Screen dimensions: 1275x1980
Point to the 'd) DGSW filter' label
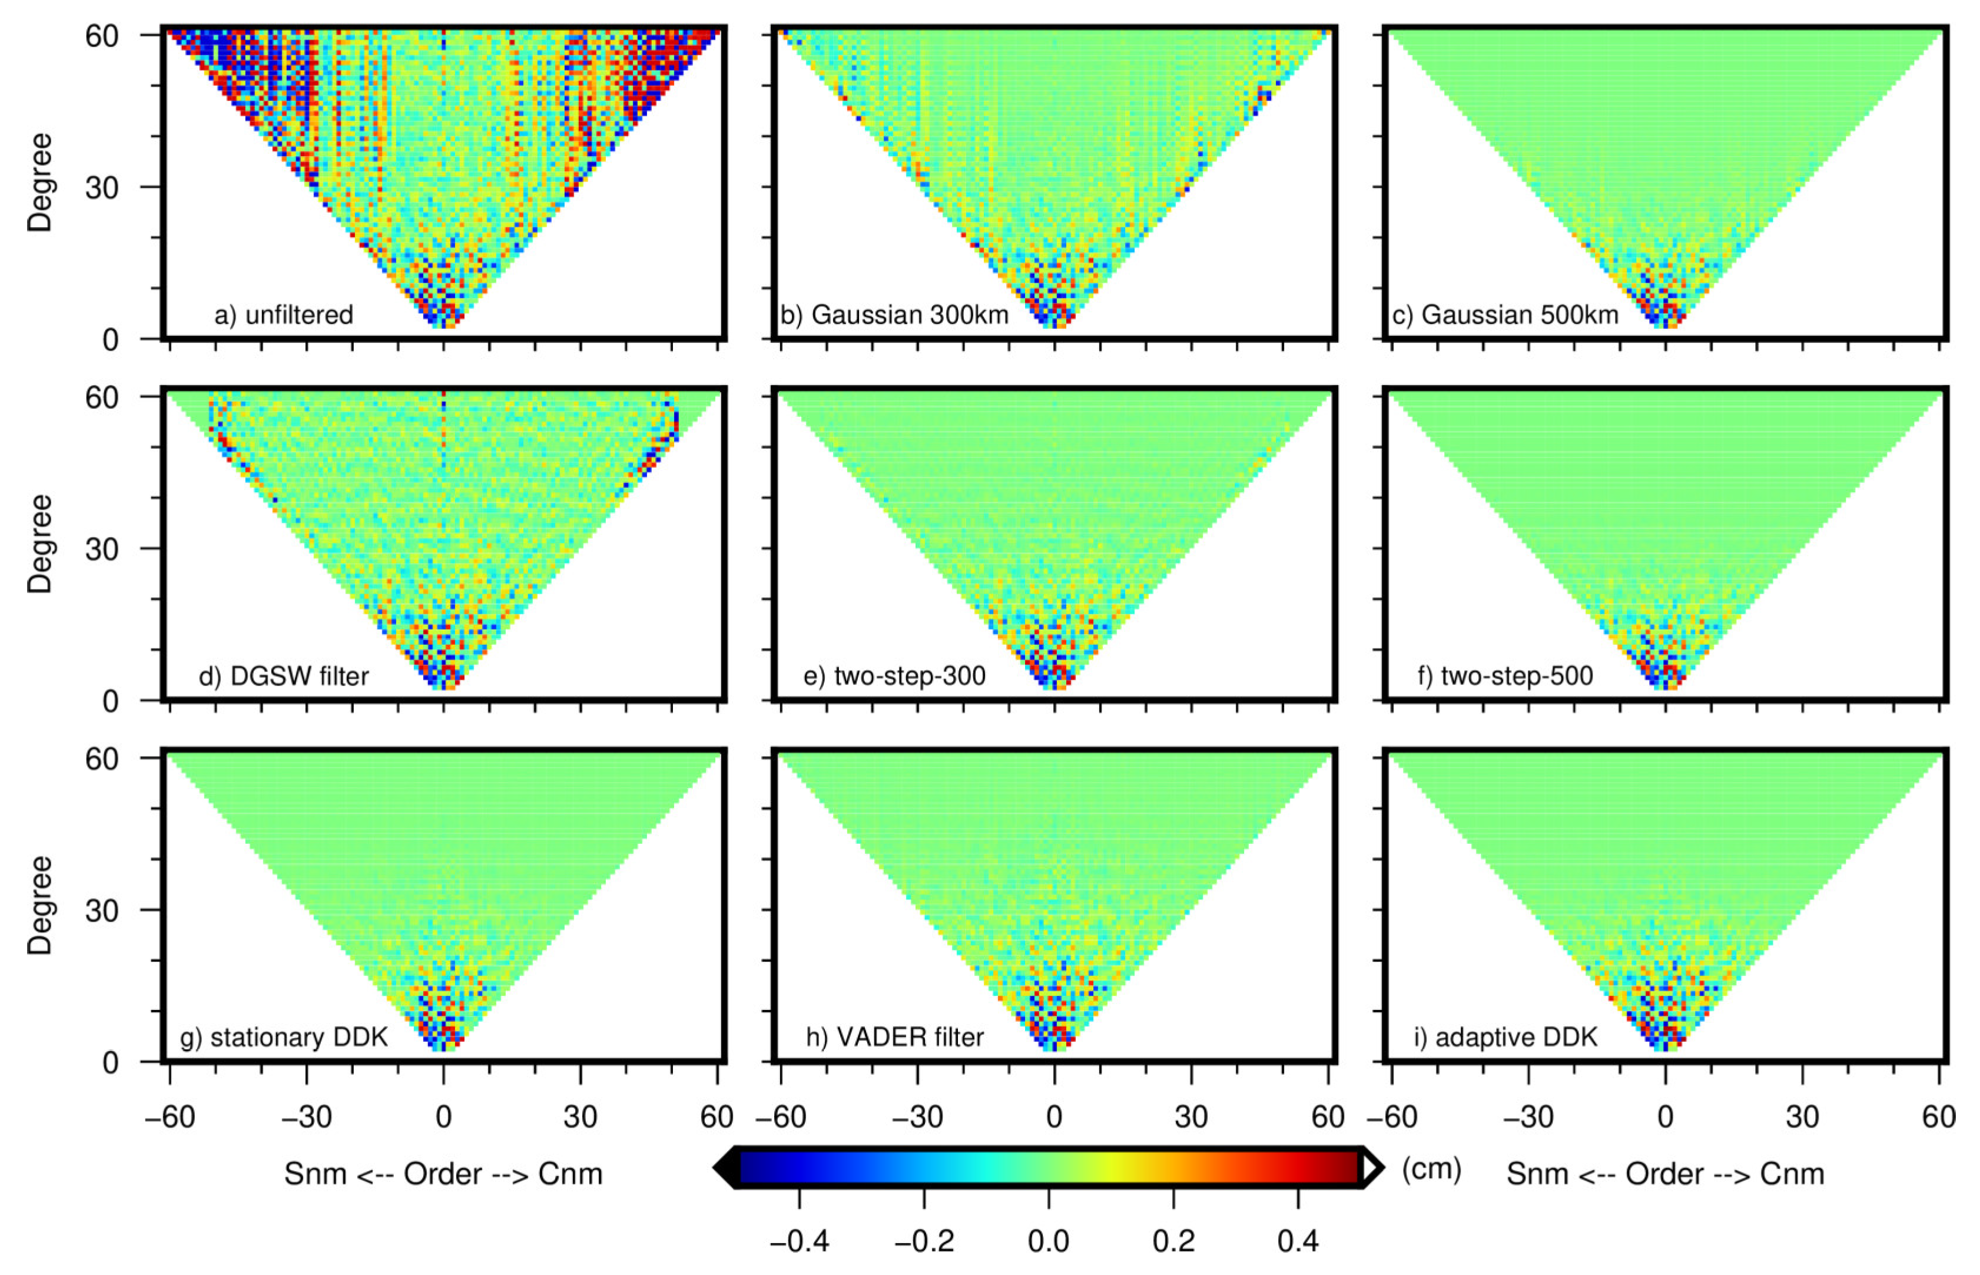pyautogui.click(x=283, y=677)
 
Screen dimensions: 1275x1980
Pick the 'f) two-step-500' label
pyautogui.click(x=1505, y=677)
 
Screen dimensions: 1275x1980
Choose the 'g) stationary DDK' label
pyautogui.click(x=283, y=1038)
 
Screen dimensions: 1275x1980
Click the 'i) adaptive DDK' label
pyautogui.click(x=1505, y=1038)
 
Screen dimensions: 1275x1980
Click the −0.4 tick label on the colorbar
pyautogui.click(x=799, y=1240)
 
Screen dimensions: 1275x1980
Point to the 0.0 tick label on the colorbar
pyautogui.click(x=1048, y=1240)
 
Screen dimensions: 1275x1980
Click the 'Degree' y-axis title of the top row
pyautogui.click(x=39, y=182)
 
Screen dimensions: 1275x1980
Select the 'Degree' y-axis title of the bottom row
pyautogui.click(x=39, y=905)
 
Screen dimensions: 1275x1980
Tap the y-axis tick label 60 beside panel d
pyautogui.click(x=102, y=398)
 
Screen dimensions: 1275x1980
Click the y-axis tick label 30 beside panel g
pyautogui.click(x=102, y=910)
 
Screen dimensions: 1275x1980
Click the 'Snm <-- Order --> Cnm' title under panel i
pyautogui.click(x=1666, y=1174)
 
